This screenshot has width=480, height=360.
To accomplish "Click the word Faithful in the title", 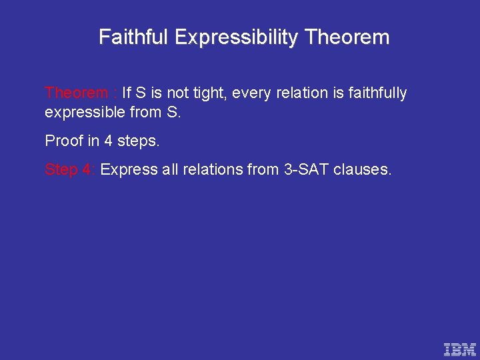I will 133,37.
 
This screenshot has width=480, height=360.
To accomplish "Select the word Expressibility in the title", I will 236,37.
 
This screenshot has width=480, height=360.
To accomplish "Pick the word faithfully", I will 376,93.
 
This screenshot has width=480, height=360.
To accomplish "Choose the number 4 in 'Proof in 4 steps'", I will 109,141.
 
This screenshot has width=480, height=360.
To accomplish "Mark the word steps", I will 139,141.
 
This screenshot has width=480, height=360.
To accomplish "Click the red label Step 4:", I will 70,170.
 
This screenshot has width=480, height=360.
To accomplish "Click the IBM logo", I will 460,348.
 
